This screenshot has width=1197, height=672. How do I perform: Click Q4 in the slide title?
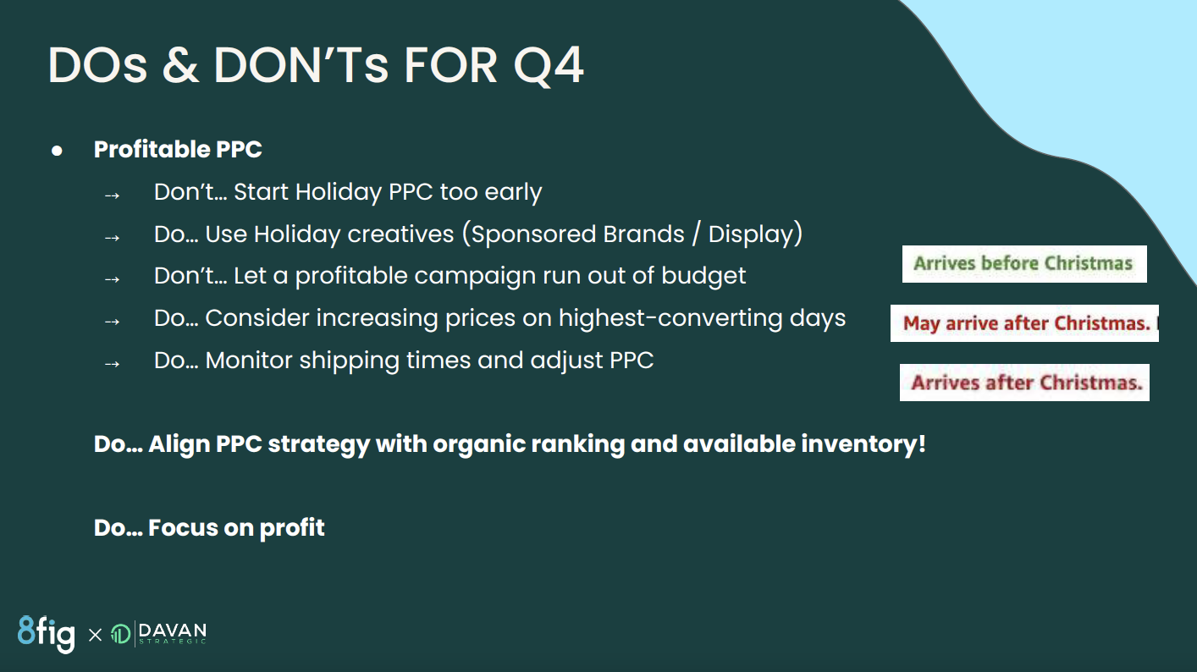[x=549, y=66]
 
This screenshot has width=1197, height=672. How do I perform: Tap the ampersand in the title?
[x=180, y=65]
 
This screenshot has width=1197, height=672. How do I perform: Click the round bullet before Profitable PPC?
[x=57, y=151]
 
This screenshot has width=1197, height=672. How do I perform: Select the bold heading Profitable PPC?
[x=178, y=149]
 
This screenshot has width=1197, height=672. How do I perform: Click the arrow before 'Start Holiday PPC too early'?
[x=113, y=196]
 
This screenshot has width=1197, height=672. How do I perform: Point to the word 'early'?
[x=513, y=192]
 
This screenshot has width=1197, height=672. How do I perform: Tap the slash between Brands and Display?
[x=697, y=234]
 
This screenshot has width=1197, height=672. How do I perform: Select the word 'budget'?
[x=703, y=276]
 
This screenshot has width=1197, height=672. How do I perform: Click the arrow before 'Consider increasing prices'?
[x=113, y=322]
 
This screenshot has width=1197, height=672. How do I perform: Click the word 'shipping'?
[x=350, y=361]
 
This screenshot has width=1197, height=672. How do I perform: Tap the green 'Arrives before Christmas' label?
[x=1023, y=264]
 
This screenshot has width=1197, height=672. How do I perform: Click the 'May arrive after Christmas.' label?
[x=1024, y=323]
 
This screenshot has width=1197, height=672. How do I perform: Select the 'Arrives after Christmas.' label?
[x=1024, y=383]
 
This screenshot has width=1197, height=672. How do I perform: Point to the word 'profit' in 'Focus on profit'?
[x=292, y=528]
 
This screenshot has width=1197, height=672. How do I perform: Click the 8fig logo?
[x=47, y=634]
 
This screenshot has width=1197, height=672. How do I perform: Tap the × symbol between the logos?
[x=95, y=635]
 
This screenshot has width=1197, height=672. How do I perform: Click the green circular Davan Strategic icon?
[x=120, y=635]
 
